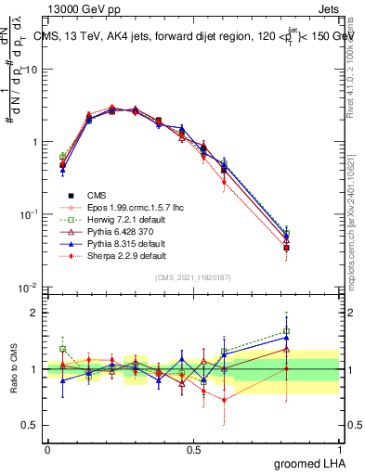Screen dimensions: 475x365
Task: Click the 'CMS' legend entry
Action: point(97,195)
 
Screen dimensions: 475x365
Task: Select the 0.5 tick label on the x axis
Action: point(193,448)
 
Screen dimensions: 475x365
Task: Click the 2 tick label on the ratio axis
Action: point(33,313)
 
